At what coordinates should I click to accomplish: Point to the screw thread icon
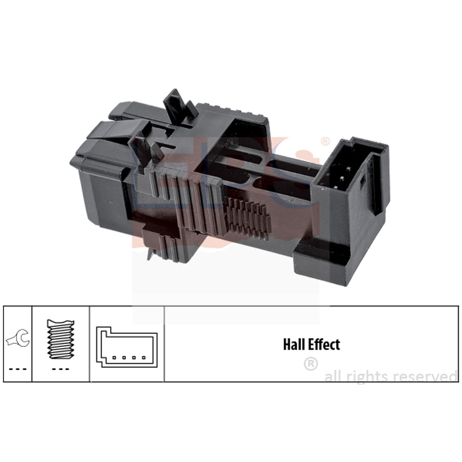(x=61, y=339)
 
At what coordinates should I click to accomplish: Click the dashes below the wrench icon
(x=18, y=369)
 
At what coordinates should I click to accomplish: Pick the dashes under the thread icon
(x=60, y=369)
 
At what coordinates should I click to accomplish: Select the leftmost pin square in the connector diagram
(x=114, y=358)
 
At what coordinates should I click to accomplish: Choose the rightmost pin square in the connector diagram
(x=144, y=358)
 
